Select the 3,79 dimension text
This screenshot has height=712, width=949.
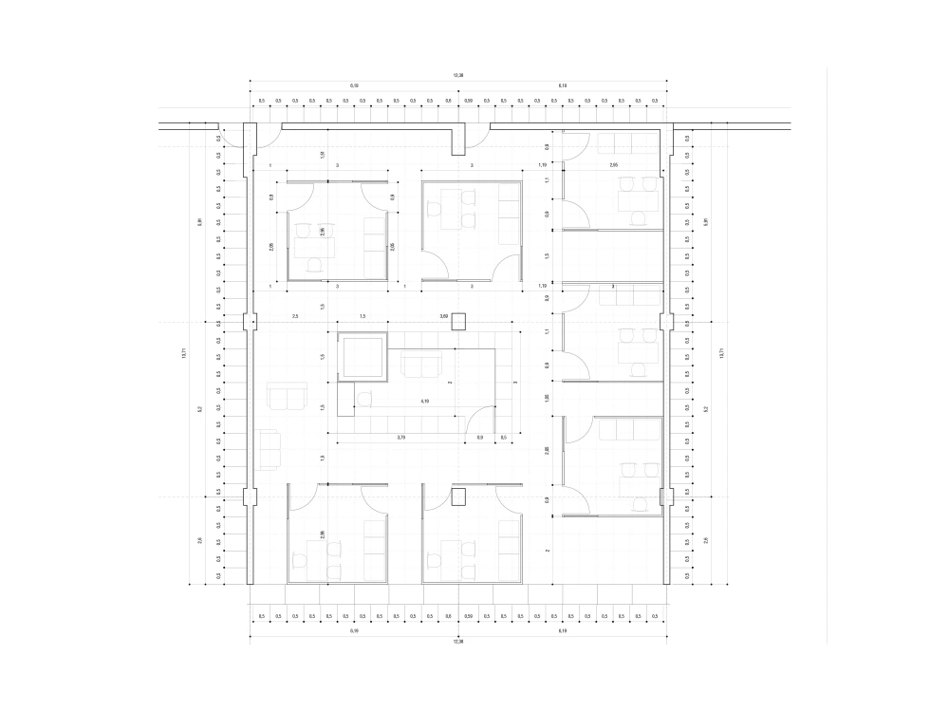(x=401, y=437)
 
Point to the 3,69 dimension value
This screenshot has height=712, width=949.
(x=443, y=315)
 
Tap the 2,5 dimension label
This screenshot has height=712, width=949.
(x=295, y=315)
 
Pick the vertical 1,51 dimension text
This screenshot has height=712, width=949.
(x=323, y=154)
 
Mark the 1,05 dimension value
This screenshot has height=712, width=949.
(x=547, y=398)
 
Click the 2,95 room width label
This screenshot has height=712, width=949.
(x=614, y=165)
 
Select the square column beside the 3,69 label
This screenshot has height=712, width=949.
(x=458, y=321)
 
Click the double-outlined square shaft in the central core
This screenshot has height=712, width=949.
(x=362, y=356)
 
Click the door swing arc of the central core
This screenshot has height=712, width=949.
(x=484, y=417)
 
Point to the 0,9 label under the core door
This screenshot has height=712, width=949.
(x=480, y=437)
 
